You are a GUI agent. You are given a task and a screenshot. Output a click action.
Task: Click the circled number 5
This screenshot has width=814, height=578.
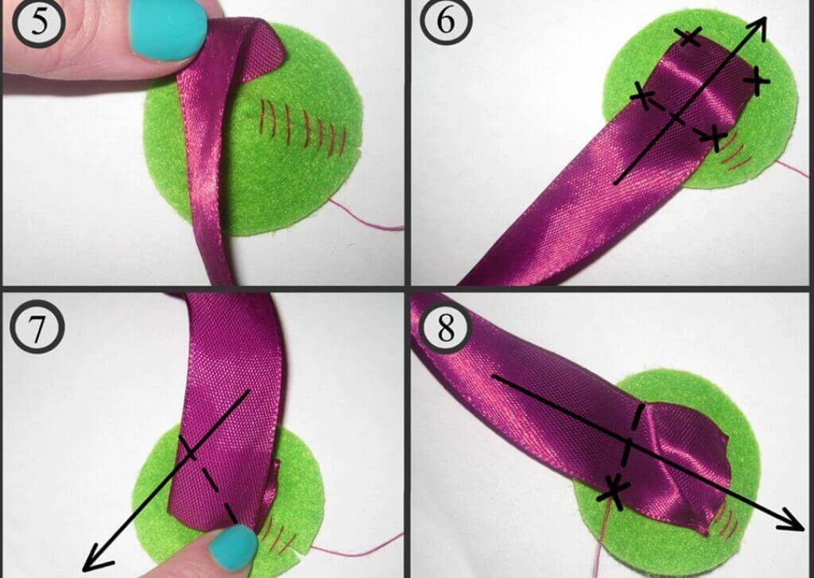coord(39,23)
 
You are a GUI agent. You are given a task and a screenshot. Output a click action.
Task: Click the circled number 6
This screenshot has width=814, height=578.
coord(446,21)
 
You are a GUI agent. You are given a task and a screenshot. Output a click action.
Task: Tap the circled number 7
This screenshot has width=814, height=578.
coord(37,328)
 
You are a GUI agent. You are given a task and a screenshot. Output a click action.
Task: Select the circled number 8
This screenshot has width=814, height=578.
coord(446,328)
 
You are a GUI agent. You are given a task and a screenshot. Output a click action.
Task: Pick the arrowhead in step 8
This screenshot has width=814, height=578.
coord(790,519)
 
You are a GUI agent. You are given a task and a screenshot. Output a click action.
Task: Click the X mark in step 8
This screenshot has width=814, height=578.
coord(614,490)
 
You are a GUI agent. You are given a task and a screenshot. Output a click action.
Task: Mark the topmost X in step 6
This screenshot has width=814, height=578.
coord(689,37)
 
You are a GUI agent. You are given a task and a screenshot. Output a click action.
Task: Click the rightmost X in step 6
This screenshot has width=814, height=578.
coord(757,80)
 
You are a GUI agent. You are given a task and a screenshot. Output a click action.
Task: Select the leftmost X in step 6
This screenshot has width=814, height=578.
coord(644,96)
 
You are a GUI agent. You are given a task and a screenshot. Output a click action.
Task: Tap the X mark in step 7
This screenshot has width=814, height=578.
coord(188,450)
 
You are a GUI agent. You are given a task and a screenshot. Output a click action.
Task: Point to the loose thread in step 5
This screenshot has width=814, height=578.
coord(366,216)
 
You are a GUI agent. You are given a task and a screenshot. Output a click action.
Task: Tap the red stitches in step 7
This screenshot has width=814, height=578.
coord(274,535)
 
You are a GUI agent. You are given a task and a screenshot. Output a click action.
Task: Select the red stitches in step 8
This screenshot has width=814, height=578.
coord(726,520)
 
